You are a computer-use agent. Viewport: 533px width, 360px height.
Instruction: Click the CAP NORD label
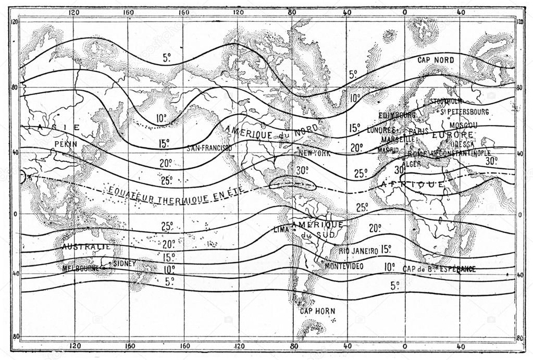point(436,60)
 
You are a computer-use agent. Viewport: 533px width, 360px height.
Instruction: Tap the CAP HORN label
point(317,311)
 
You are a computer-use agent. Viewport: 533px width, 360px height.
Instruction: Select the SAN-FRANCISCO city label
point(209,148)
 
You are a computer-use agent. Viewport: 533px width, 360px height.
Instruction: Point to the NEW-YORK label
point(315,154)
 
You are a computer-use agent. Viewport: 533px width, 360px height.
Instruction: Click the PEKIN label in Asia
point(66,143)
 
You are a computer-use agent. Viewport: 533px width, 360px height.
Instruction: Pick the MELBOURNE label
point(80,268)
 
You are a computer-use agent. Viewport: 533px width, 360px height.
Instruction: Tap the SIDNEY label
point(124,264)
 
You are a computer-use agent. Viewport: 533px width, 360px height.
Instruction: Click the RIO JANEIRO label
point(358,251)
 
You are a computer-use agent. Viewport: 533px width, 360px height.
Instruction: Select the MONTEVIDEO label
point(344,266)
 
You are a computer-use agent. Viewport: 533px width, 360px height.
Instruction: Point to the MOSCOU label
point(463,126)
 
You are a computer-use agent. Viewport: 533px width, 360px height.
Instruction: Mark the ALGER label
point(413,164)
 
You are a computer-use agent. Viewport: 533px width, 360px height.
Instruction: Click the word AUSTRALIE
point(86,246)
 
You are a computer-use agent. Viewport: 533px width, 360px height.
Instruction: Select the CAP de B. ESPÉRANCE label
point(439,269)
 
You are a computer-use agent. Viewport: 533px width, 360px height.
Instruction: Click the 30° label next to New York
point(302,170)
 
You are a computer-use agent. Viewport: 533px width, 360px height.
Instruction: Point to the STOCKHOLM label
point(446,101)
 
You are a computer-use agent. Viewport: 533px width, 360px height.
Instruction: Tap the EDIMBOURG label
point(396,115)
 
